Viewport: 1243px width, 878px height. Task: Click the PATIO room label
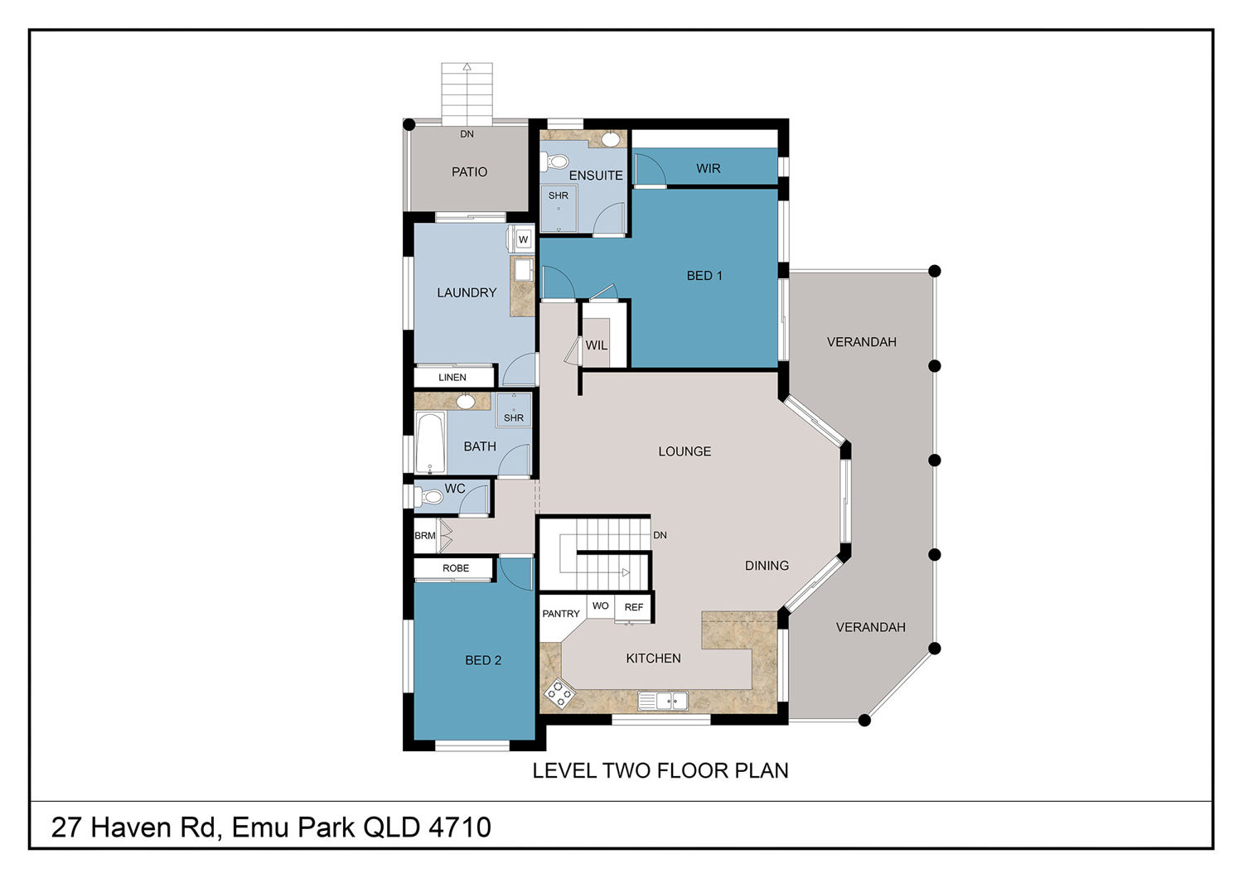[469, 172]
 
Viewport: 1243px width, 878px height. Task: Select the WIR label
[708, 168]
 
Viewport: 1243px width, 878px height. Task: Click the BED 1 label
[704, 276]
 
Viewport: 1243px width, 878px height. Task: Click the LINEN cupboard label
[452, 377]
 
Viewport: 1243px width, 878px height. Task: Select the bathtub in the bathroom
[430, 443]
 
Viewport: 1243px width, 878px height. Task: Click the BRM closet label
[425, 536]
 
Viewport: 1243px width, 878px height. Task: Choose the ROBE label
[456, 568]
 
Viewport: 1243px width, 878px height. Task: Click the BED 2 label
[483, 660]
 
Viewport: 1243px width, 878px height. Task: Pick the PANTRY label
[560, 614]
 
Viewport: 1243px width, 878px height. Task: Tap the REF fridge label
[634, 607]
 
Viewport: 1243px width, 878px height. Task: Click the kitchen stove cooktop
[559, 694]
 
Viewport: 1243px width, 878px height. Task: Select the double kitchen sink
[663, 701]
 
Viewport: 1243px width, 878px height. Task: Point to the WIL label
[596, 345]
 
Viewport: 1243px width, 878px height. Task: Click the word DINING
[767, 565]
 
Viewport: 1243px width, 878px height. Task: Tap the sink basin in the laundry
[523, 270]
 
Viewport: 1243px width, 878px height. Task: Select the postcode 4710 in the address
[460, 827]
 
